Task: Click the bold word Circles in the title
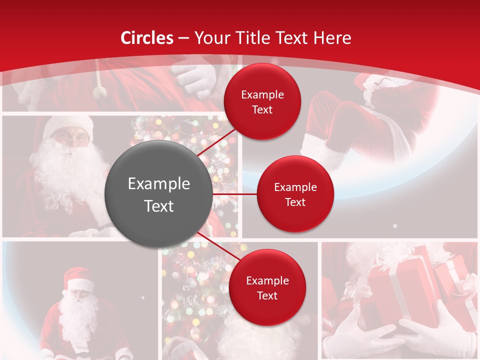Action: (147, 38)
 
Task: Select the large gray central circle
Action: (159, 194)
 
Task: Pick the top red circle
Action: (262, 101)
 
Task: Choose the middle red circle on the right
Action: (295, 194)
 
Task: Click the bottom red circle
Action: (267, 287)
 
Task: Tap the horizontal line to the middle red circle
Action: (235, 194)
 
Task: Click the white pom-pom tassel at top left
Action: (100, 91)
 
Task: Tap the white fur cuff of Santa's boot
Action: (320, 150)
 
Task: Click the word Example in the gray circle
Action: (159, 184)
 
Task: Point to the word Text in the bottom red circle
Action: (267, 295)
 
